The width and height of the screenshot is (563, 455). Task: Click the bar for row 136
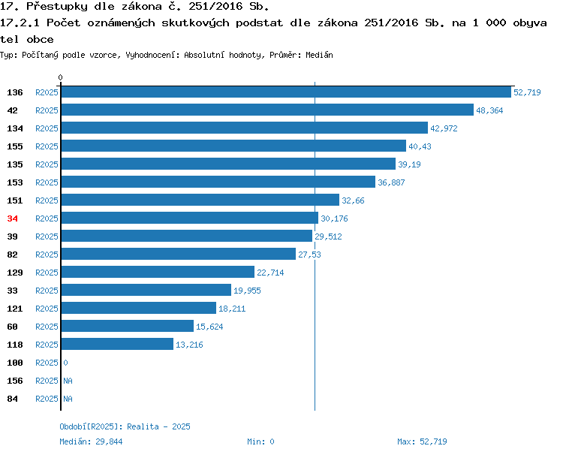tap(286, 92)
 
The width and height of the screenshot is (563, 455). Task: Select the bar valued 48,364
tap(267, 110)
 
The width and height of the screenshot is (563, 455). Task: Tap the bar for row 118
tap(117, 344)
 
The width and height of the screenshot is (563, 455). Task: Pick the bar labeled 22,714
tap(158, 272)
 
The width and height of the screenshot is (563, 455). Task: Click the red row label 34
tap(12, 218)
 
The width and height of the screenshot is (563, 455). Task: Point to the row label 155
tap(15, 146)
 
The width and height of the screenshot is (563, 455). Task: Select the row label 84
tap(12, 399)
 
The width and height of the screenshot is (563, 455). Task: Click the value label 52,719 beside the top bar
tap(527, 92)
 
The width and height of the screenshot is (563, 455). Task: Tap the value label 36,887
tap(391, 182)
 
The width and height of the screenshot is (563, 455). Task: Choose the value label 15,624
tap(209, 327)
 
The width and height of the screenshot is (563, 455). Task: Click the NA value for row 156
tap(68, 381)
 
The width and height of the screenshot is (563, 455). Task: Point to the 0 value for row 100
tap(66, 363)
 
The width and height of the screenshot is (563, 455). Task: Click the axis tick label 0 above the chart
tap(60, 77)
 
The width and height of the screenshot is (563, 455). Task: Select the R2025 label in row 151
tap(47, 200)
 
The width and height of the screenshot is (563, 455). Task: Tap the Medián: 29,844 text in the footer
tap(91, 441)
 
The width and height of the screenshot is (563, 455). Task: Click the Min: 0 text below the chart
tap(260, 441)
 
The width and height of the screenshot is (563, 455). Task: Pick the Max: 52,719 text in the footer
tap(422, 441)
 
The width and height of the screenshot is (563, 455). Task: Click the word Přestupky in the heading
tap(57, 7)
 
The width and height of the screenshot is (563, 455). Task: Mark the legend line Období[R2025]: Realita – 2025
tap(125, 426)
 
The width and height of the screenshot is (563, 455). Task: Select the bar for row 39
tap(187, 236)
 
